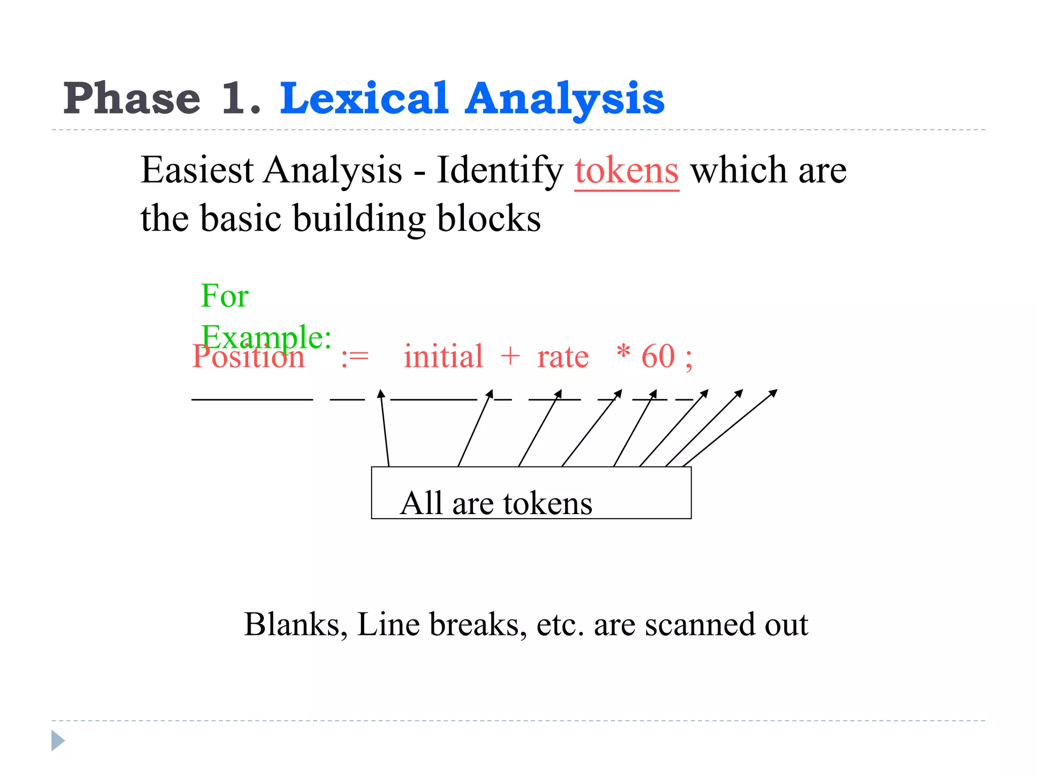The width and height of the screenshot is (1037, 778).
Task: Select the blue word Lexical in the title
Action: point(364,98)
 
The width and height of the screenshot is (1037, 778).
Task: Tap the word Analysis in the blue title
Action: point(564,99)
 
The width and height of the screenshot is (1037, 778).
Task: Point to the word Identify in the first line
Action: point(500,171)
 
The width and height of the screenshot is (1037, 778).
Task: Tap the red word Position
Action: point(248,358)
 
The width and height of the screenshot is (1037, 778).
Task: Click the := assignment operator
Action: point(354,358)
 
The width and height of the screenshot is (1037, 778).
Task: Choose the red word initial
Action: point(443,357)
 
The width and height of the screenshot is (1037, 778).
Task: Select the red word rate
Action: point(563,358)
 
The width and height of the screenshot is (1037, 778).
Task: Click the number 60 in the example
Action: point(658,357)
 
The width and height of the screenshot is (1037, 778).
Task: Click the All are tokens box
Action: point(531,493)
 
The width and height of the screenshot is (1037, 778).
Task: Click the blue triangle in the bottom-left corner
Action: point(58,741)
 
